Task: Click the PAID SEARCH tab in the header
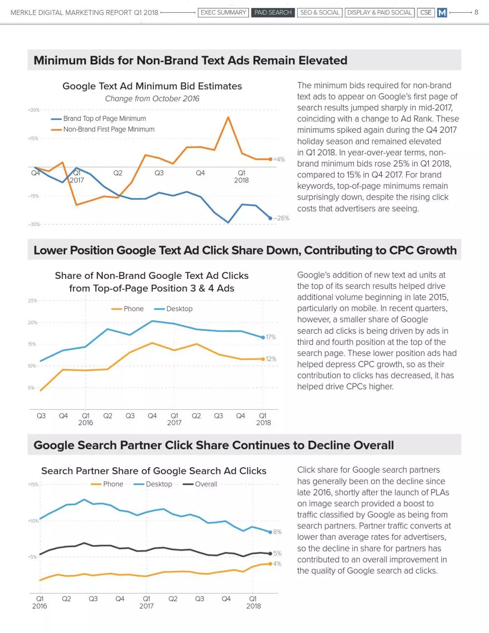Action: click(273, 13)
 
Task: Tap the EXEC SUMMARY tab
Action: click(223, 13)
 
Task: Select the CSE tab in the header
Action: click(426, 13)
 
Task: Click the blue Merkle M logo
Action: click(442, 13)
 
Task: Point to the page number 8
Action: click(476, 12)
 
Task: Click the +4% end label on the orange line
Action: click(279, 159)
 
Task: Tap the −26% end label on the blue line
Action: click(281, 218)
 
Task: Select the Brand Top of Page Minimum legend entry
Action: click(98, 119)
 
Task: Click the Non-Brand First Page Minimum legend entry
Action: click(102, 129)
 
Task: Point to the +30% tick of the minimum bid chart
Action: click(34, 110)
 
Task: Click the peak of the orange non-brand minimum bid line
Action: click(228, 117)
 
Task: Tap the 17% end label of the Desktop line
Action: click(271, 337)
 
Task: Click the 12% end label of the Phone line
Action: click(271, 359)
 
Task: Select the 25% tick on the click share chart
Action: click(32, 301)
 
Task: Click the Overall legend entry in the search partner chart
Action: click(200, 484)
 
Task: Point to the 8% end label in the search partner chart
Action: click(277, 532)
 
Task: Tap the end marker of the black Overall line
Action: click(270, 553)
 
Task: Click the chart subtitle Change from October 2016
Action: click(152, 99)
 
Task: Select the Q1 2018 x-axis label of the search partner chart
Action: click(253, 602)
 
